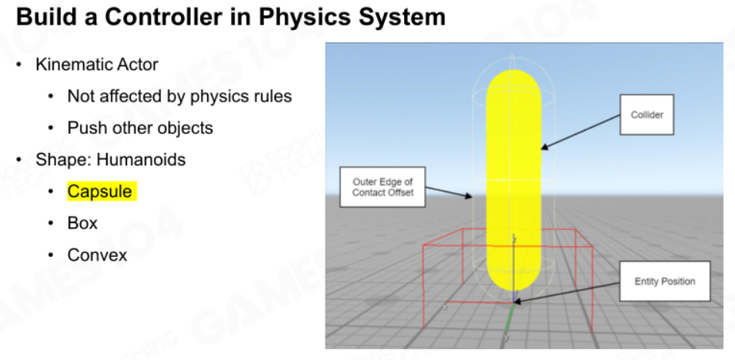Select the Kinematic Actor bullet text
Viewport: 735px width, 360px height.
[97, 64]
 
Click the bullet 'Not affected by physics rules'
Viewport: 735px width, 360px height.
[179, 97]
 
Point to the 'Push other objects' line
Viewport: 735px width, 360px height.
[140, 128]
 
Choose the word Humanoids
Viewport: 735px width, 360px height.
[141, 159]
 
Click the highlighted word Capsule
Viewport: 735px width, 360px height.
[100, 192]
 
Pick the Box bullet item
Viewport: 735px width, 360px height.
[82, 223]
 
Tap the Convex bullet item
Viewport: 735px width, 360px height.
[98, 255]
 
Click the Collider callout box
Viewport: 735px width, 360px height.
[646, 115]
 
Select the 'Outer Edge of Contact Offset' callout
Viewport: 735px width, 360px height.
[383, 187]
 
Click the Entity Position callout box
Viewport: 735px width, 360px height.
[665, 282]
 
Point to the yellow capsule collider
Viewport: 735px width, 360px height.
[514, 180]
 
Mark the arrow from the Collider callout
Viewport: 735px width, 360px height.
[581, 132]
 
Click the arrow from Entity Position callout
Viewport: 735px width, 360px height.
[566, 293]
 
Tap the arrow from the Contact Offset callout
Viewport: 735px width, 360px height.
[449, 192]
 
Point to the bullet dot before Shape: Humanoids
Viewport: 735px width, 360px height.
[18, 160]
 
